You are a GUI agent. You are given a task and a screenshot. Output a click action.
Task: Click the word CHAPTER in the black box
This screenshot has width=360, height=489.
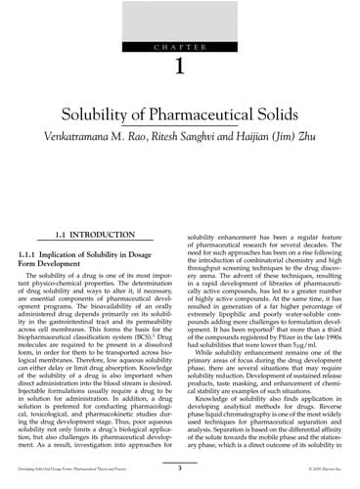pyautogui.click(x=180, y=46)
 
